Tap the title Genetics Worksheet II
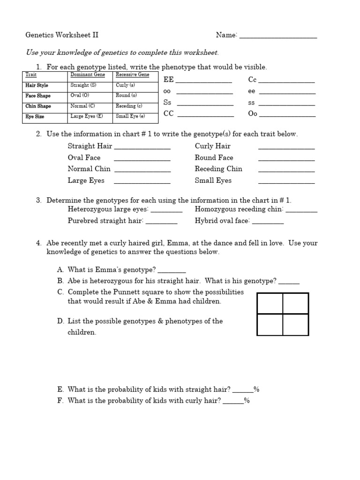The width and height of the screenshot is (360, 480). [62, 35]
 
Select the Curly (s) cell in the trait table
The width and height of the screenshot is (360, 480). [125, 85]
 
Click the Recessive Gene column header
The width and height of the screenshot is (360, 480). [132, 75]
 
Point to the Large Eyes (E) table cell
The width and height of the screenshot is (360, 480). [86, 116]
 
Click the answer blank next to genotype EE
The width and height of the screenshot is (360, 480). [204, 82]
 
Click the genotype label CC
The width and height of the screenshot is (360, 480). [168, 114]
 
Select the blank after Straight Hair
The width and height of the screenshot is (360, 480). [142, 148]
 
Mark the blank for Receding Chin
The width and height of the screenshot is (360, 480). [286, 171]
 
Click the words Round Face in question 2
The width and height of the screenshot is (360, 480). [214, 157]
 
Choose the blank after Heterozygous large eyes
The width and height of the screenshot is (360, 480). [166, 212]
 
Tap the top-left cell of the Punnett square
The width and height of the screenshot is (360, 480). [270, 303]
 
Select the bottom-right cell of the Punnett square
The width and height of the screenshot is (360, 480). [295, 324]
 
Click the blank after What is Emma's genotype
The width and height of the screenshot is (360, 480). [172, 272]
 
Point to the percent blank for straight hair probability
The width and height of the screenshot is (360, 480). [243, 391]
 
